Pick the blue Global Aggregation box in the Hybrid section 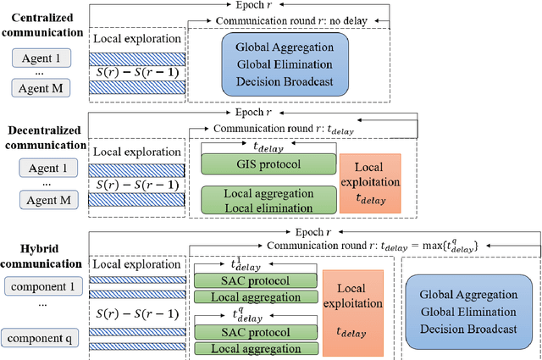467,311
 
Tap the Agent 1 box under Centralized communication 42,58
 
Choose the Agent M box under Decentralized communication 42,200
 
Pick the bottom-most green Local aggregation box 254,348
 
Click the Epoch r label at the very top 283,6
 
